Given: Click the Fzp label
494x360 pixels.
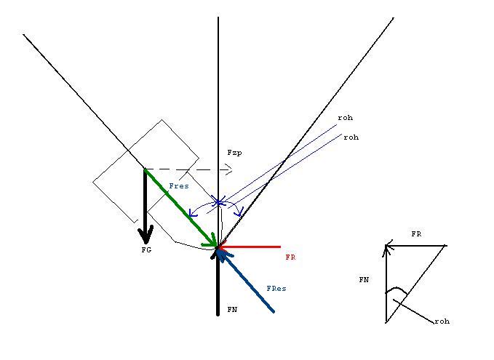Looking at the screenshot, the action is tap(234, 153).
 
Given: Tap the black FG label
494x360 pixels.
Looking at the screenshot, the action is tap(146, 250).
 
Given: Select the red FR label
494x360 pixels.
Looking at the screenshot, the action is tap(290, 257).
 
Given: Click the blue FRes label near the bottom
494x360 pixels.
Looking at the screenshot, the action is tap(276, 289).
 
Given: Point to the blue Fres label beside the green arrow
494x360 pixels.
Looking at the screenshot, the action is tap(179, 186).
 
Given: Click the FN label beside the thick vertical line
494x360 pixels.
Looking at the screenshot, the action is tap(232, 310).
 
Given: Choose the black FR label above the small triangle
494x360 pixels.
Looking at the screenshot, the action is tap(416, 234).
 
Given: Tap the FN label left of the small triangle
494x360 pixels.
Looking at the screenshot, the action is tap(364, 280).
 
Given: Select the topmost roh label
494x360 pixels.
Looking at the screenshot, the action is tap(346, 118).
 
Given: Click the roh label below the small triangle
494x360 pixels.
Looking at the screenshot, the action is tap(442, 321).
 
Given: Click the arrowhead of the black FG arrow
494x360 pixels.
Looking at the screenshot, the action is tap(146, 234).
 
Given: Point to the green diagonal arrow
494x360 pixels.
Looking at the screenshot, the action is tap(181, 208).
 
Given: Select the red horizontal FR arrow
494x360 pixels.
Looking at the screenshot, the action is tap(250, 247).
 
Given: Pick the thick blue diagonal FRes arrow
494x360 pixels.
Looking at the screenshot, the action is tap(247, 281).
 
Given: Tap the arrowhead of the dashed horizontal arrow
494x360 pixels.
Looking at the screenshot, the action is tap(228, 170).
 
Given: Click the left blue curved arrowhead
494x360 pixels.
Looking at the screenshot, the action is tap(192, 213).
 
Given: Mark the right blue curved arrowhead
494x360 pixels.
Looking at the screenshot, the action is tap(239, 212).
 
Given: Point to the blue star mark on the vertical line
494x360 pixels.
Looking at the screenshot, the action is tap(218, 202).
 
